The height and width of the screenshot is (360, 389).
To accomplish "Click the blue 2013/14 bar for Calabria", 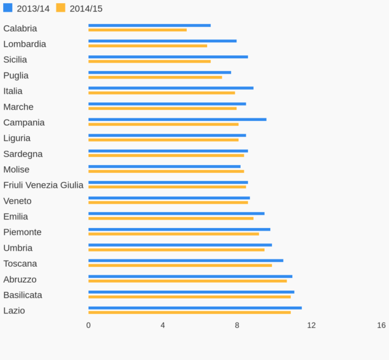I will (x=149, y=25).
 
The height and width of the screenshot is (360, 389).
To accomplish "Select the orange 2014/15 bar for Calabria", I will (x=137, y=29).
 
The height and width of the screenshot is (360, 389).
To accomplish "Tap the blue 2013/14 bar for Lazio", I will (x=195, y=308).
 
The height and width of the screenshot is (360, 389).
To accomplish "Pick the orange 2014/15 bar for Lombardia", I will (x=148, y=45).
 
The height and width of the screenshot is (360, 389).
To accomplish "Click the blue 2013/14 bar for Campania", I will (x=177, y=120).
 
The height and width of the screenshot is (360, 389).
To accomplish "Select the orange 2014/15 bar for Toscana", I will (x=180, y=266).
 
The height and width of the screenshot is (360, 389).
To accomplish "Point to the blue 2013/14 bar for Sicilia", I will (x=168, y=57).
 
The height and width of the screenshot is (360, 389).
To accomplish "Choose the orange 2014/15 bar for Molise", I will (x=166, y=171).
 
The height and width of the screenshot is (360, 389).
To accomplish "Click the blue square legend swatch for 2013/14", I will (x=7, y=8).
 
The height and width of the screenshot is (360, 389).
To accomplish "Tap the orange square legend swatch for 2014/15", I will (x=61, y=8).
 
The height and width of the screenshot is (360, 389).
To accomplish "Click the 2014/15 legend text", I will (x=86, y=9).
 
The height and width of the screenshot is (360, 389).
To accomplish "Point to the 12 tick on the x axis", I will (x=311, y=325).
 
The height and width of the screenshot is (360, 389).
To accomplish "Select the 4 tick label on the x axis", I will (x=163, y=325).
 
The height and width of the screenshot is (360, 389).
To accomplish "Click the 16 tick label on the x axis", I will (x=382, y=325).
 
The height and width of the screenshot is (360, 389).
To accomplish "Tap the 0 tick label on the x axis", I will (x=88, y=325).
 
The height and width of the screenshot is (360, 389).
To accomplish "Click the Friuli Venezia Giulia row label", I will (x=43, y=185).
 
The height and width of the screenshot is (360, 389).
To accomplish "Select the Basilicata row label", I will (x=23, y=295).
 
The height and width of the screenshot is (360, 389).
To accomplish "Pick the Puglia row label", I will (x=16, y=75).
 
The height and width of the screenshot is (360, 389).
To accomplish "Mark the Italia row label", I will (x=13, y=91).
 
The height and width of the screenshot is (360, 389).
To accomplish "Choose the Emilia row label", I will (x=15, y=216).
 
